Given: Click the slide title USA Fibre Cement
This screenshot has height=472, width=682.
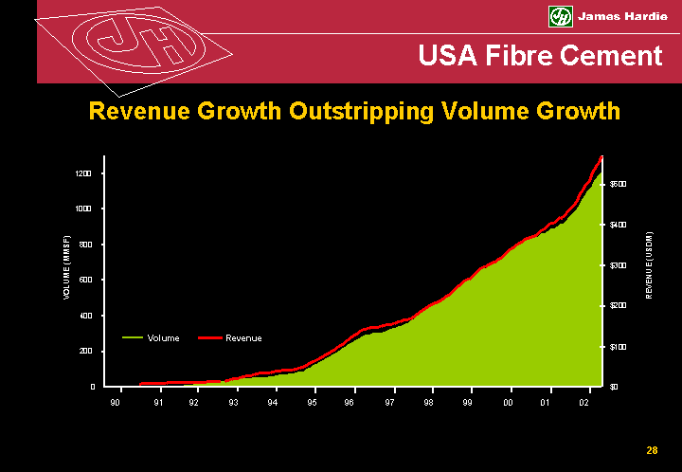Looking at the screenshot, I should click(x=541, y=56).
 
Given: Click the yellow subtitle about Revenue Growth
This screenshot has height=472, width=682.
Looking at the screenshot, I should click(x=354, y=111).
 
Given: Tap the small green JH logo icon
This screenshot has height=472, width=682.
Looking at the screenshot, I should click(x=560, y=17).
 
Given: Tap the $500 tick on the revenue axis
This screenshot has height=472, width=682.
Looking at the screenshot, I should click(x=618, y=183).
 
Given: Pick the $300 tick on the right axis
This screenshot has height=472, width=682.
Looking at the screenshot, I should click(x=618, y=265).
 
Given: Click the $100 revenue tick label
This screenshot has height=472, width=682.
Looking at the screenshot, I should click(x=618, y=347).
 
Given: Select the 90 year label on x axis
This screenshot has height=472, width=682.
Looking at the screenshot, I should click(x=116, y=403).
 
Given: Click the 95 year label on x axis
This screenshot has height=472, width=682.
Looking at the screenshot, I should click(x=312, y=403).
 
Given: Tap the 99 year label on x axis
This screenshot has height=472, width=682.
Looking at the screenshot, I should click(x=468, y=403).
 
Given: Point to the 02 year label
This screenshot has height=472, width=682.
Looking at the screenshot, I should click(x=584, y=403).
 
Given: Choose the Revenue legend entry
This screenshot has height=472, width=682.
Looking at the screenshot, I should click(x=243, y=338).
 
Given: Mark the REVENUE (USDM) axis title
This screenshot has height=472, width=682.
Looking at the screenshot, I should click(x=649, y=265).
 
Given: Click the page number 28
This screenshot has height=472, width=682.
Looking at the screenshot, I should click(x=652, y=450).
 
